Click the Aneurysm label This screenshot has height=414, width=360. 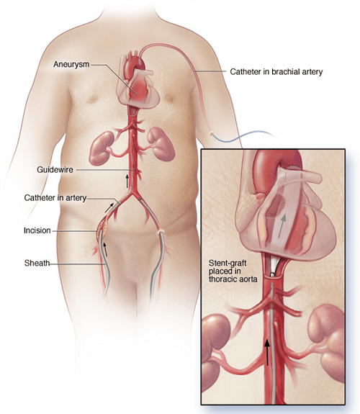pos(71,64)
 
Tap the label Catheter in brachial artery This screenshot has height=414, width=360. pos(276,72)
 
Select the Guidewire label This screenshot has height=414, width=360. pos(55,169)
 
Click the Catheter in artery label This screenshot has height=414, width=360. pos(55,198)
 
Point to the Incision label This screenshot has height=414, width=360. pos(37,230)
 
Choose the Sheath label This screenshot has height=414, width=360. pos(37,263)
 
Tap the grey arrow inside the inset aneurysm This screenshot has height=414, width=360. pos(282,226)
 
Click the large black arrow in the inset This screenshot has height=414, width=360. pos(268,352)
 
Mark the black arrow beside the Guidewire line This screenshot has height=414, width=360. pos(127,181)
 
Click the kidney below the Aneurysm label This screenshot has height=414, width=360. pos(102,148)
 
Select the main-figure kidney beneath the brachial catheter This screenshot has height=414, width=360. pos(161,144)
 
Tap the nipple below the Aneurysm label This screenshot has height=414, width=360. pos(92,99)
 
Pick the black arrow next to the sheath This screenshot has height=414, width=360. pos(105,249)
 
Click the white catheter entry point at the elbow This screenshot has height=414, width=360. pos(211,134)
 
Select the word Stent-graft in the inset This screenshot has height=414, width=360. pos(228,264)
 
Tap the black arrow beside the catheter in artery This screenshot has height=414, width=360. pos(110,207)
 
